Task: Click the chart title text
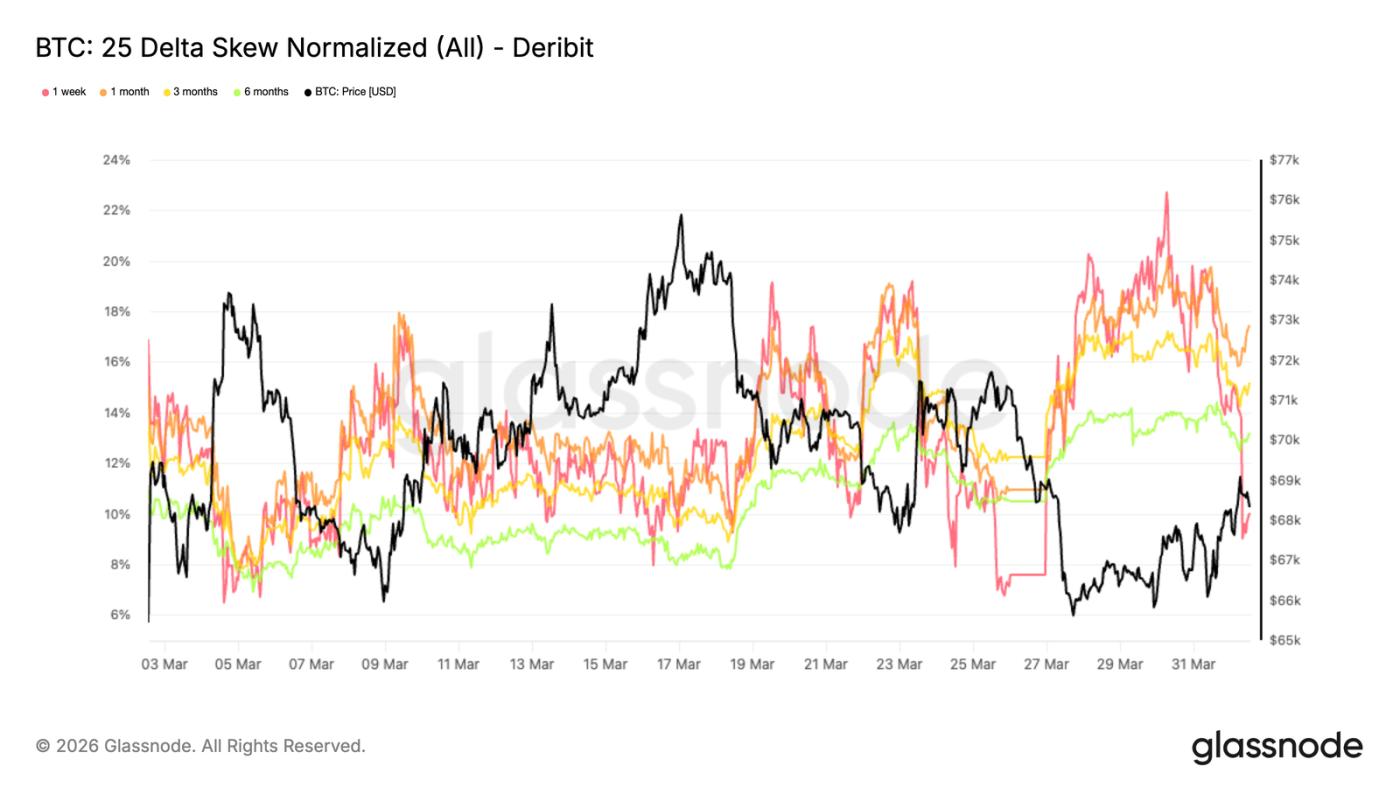(x=314, y=47)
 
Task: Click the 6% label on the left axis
(x=119, y=615)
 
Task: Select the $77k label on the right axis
(x=1284, y=160)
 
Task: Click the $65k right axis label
(x=1284, y=640)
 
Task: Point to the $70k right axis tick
(x=1284, y=440)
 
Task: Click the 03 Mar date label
(x=164, y=664)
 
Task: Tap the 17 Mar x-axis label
(x=678, y=664)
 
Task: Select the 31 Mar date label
(x=1192, y=664)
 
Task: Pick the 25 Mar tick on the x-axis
(x=972, y=664)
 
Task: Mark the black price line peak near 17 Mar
(x=681, y=215)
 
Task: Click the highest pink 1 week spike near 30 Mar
(x=1166, y=193)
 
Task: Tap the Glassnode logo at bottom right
(x=1277, y=746)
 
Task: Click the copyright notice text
(x=201, y=746)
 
